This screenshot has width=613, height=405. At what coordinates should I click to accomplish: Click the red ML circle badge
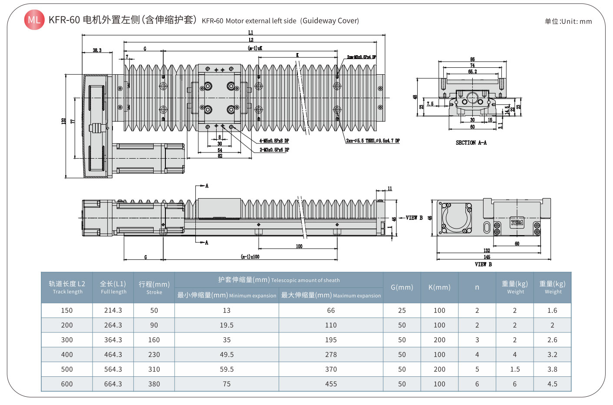pyautogui.click(x=34, y=20)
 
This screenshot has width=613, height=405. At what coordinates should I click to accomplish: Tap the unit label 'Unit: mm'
pyautogui.click(x=568, y=21)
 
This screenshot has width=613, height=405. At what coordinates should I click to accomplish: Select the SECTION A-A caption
pyautogui.click(x=471, y=143)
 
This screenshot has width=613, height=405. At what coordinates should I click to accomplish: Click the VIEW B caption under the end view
pyautogui.click(x=483, y=264)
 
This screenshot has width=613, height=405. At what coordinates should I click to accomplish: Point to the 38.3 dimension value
pyautogui.click(x=97, y=50)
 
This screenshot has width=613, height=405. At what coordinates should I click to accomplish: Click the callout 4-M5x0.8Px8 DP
pyautogui.click(x=274, y=141)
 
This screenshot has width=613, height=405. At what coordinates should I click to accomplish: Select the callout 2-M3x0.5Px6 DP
pyautogui.click(x=274, y=150)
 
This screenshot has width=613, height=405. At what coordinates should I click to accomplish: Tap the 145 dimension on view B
pyautogui.click(x=487, y=257)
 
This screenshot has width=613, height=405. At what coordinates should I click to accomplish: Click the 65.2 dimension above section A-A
pyautogui.click(x=472, y=72)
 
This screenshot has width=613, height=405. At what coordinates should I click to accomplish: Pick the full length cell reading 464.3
pyautogui.click(x=113, y=355)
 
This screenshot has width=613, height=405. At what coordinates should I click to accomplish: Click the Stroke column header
pyautogui.click(x=154, y=287)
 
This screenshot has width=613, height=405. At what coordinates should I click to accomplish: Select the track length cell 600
pyautogui.click(x=67, y=384)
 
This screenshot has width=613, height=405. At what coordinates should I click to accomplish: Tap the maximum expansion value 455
pyautogui.click(x=331, y=384)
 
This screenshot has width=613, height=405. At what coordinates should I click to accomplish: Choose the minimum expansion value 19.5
pyautogui.click(x=227, y=325)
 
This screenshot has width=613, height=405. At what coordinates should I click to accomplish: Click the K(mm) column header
pyautogui.click(x=439, y=287)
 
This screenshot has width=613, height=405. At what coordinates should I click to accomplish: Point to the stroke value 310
pyautogui.click(x=154, y=369)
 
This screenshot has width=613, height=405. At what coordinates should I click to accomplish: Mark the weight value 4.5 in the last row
pyautogui.click(x=552, y=384)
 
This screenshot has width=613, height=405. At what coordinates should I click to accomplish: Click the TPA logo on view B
pyautogui.click(x=517, y=223)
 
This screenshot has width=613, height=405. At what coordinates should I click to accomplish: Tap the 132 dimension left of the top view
pyautogui.click(x=63, y=121)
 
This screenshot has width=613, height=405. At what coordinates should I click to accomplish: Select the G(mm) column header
pyautogui.click(x=402, y=287)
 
